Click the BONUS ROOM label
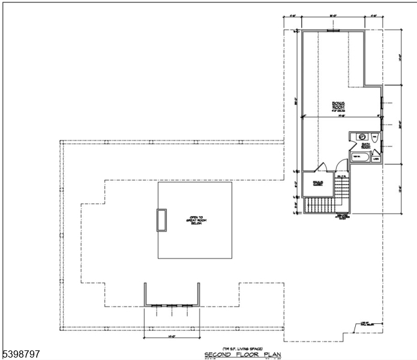pyautogui.click(x=338, y=106)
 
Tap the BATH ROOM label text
pyautogui.click(x=365, y=145)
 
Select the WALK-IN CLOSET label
pyautogui.click(x=318, y=182)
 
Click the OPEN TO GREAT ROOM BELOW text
pyautogui.click(x=194, y=221)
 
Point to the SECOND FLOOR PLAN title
pyautogui.click(x=242, y=355)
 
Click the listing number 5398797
pyautogui.click(x=21, y=355)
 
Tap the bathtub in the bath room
pyautogui.click(x=358, y=157)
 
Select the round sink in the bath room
pyautogui.click(x=362, y=137)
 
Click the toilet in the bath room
pyautogui.click(x=374, y=137)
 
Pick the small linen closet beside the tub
pyautogui.click(x=376, y=158)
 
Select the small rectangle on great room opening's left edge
pyautogui.click(x=161, y=220)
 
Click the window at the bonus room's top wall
pyautogui.click(x=334, y=31)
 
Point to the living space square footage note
pyautogui.click(x=242, y=349)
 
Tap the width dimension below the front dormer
pyautogui.click(x=172, y=337)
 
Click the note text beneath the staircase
pyautogui.click(x=343, y=217)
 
